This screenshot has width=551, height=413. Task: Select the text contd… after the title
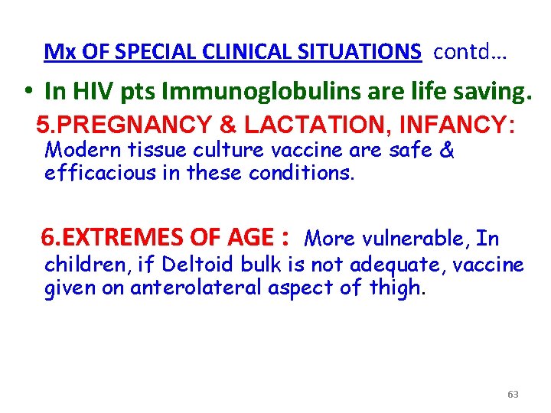471,52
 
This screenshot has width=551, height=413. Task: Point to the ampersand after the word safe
448,150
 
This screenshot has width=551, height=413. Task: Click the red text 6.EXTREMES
99,238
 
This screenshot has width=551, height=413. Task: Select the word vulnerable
413,239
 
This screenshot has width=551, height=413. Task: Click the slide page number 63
513,395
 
